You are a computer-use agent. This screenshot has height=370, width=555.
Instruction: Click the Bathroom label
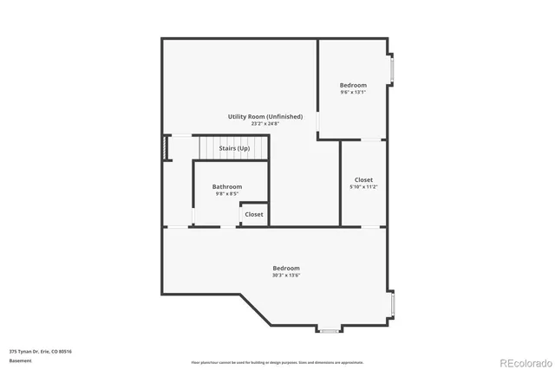227,186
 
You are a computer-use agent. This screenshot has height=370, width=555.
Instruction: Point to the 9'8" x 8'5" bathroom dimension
227,193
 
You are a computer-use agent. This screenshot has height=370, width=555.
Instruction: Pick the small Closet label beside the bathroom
254,214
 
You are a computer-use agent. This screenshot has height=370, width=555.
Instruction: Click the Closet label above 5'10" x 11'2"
363,179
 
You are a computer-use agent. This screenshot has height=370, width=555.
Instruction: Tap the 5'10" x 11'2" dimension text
363,186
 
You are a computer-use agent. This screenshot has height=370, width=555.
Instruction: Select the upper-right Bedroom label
353,85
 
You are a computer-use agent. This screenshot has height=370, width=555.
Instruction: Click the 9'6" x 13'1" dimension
353,92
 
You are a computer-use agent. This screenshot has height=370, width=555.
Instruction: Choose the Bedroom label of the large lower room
286,269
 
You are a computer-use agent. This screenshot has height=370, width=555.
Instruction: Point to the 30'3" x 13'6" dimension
286,276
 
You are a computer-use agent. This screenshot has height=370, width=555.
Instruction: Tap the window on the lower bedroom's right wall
392,305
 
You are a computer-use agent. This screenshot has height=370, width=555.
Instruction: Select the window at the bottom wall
329,331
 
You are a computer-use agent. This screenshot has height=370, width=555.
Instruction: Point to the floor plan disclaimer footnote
277,362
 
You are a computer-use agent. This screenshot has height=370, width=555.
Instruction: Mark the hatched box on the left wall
166,148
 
